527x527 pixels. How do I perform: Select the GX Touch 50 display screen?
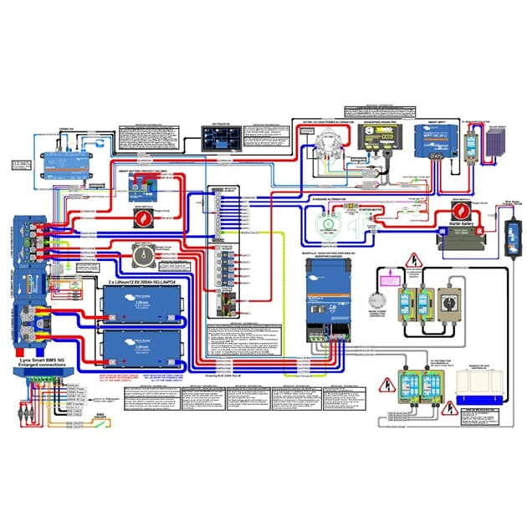point(220,138)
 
